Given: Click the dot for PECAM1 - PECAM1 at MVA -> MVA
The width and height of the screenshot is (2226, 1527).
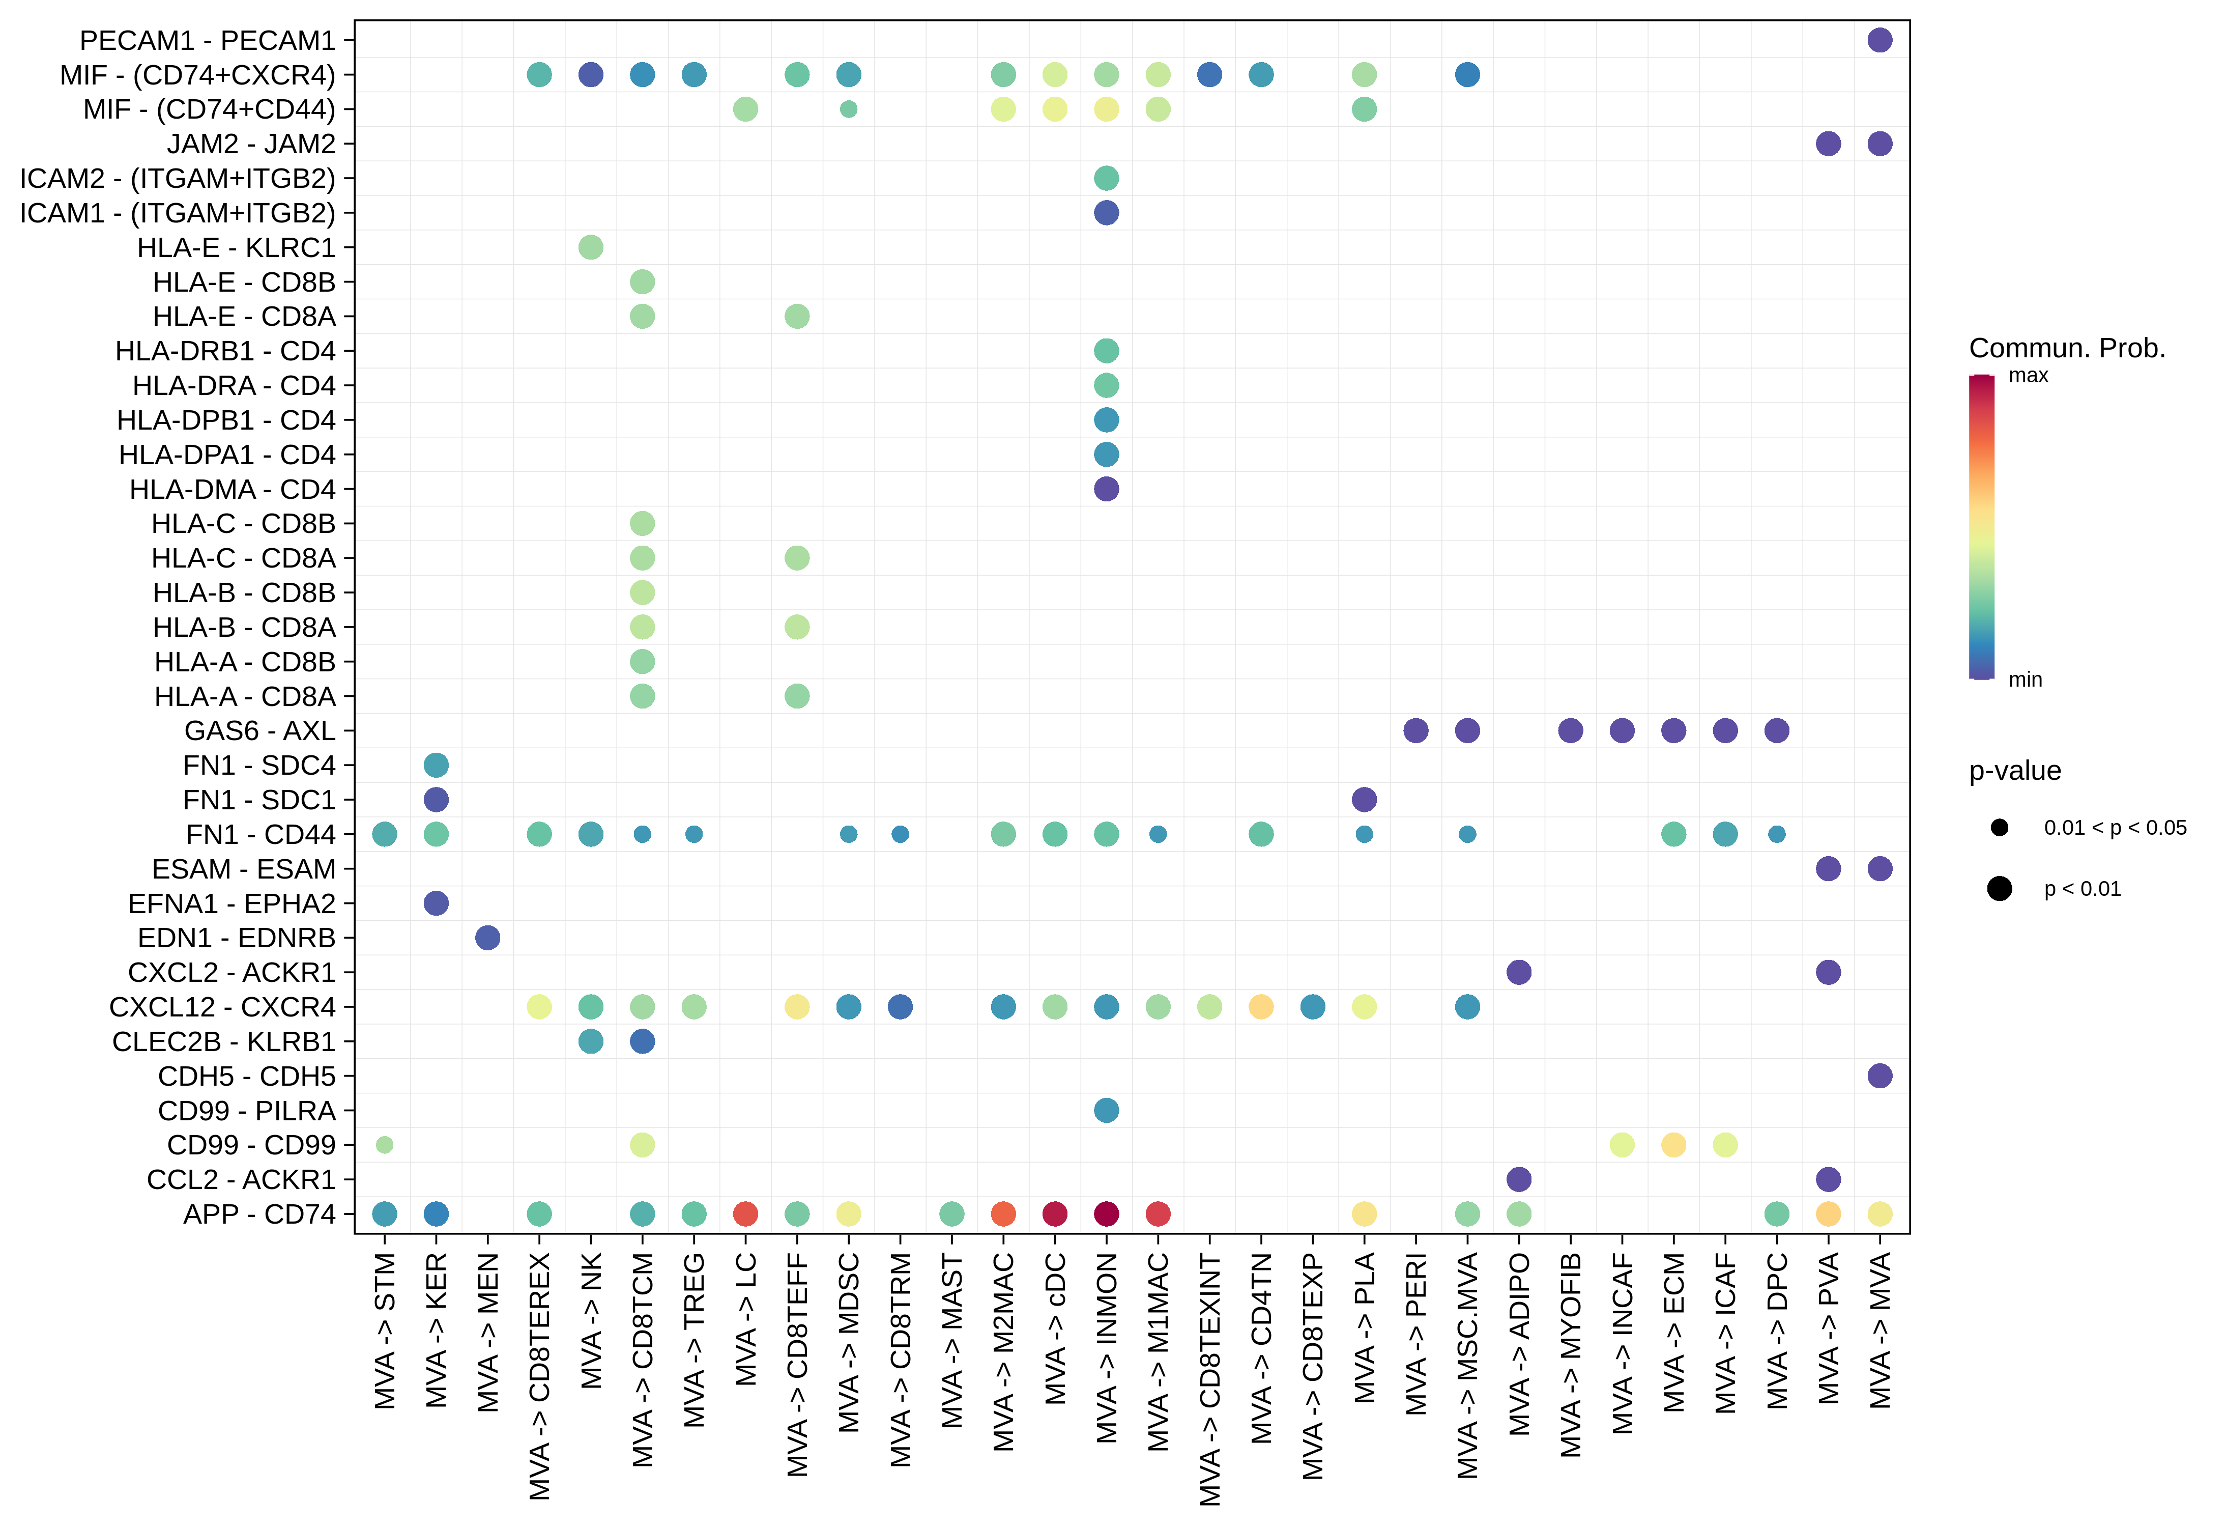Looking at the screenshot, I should (x=1880, y=40).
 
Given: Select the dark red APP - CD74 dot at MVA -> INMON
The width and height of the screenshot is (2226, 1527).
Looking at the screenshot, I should (x=1106, y=1214).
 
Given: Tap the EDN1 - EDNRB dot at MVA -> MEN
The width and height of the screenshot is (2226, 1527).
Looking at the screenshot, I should (x=487, y=938).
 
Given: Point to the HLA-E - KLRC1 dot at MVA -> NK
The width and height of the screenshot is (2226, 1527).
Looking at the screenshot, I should (x=591, y=247).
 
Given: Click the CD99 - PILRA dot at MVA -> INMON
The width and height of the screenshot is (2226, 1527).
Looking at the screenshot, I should (x=1106, y=1110).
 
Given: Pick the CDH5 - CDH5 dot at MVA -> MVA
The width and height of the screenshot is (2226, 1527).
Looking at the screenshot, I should (x=1880, y=1076).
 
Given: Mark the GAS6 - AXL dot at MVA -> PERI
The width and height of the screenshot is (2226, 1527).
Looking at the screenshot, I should (x=1415, y=731).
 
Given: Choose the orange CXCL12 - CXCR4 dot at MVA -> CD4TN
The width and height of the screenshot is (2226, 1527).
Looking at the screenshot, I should (x=1261, y=1007).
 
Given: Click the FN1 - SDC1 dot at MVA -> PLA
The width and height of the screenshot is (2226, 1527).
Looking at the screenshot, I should (x=1364, y=800).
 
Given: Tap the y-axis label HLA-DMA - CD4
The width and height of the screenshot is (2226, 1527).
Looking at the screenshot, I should (x=233, y=490).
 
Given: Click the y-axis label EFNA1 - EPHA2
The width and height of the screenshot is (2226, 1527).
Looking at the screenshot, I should (x=232, y=903).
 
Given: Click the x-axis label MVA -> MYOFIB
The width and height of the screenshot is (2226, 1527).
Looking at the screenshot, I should (x=1571, y=1355).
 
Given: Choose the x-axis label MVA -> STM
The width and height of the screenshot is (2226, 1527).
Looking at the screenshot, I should (x=385, y=1332).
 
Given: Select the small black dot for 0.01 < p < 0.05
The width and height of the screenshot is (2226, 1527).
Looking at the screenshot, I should (x=1999, y=828).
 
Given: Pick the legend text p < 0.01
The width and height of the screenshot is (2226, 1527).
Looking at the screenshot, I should (x=2083, y=889).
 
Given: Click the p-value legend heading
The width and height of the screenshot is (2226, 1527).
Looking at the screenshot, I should (x=2014, y=771).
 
